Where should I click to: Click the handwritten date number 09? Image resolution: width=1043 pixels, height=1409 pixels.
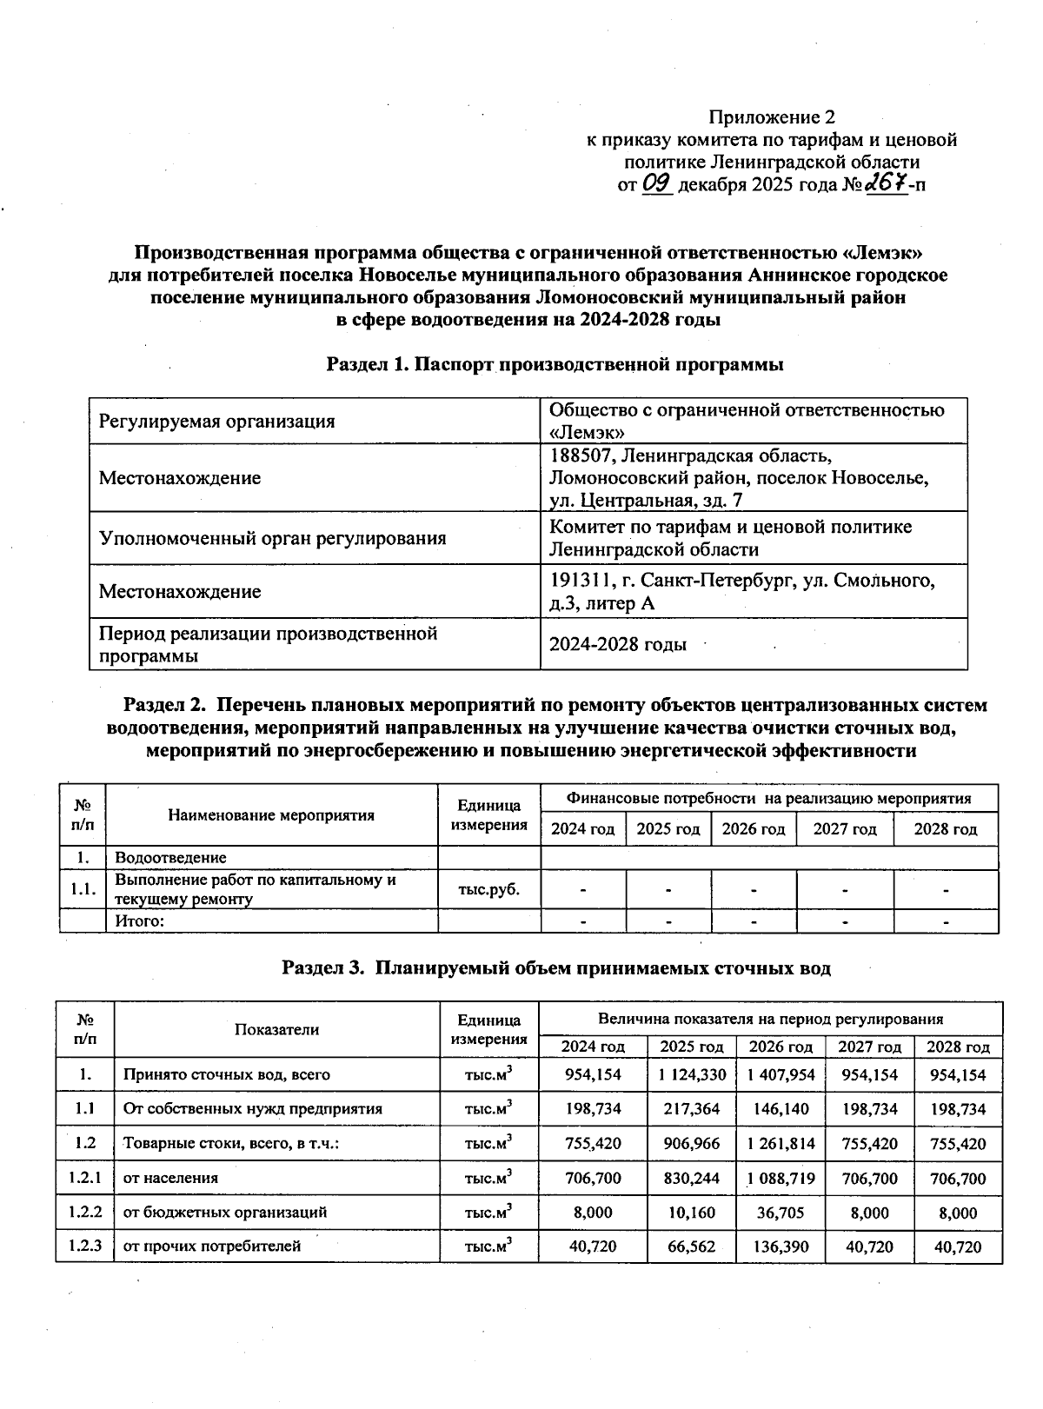(658, 184)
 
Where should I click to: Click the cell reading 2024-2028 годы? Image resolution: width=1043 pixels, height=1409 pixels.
(618, 645)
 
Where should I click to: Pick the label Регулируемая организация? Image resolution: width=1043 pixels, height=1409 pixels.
(216, 422)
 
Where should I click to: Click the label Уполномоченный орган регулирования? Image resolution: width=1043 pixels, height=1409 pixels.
(272, 538)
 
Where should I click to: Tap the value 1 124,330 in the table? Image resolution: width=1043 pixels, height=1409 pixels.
(692, 1074)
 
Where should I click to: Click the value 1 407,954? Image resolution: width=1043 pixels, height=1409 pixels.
(781, 1074)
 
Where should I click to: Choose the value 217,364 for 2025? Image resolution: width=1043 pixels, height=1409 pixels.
(692, 1109)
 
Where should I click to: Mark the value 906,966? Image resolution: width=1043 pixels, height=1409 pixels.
(692, 1144)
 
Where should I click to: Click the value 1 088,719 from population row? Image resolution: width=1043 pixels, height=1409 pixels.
(781, 1179)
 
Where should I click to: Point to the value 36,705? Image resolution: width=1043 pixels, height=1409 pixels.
(781, 1213)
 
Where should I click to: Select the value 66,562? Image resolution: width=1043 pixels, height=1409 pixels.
(692, 1246)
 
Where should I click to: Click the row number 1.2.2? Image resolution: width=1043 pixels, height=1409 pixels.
(85, 1212)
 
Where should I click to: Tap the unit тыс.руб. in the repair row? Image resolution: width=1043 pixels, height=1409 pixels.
(489, 889)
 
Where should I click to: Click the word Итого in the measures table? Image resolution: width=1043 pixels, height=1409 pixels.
(139, 921)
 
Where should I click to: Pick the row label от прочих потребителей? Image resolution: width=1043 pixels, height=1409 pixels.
(212, 1246)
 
